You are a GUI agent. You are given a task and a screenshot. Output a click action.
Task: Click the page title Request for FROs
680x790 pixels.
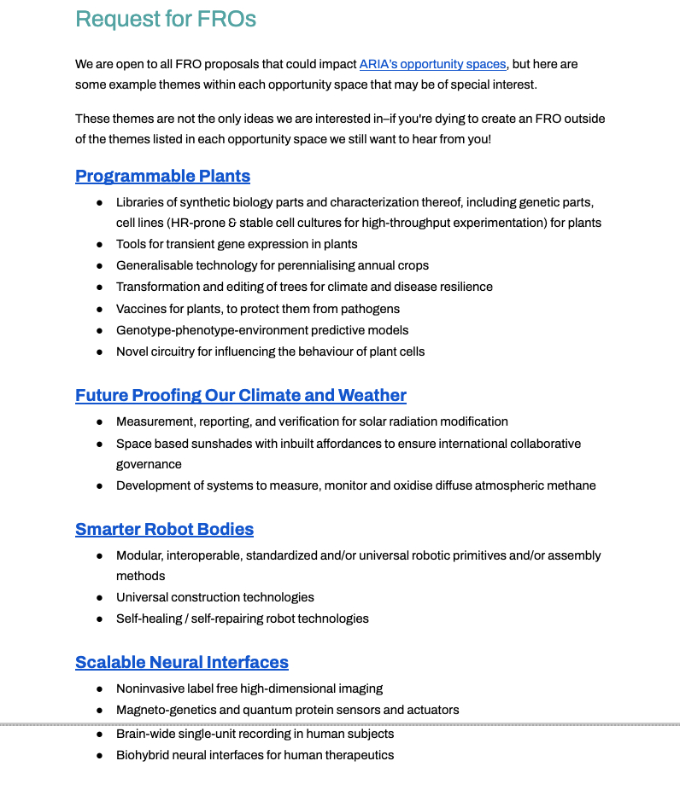(166, 19)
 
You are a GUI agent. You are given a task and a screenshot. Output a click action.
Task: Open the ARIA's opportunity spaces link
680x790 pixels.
(432, 64)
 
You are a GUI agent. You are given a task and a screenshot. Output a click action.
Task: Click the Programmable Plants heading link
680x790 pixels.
(162, 177)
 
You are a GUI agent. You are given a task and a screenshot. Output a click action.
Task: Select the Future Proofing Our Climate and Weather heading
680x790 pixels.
(241, 396)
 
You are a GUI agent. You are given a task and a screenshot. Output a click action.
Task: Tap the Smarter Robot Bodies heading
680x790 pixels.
(164, 529)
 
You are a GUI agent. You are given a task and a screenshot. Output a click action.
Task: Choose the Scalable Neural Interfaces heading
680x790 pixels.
(182, 662)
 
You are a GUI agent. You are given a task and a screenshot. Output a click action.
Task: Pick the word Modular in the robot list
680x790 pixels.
(139, 555)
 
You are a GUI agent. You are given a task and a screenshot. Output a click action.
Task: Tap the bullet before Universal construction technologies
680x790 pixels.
(99, 597)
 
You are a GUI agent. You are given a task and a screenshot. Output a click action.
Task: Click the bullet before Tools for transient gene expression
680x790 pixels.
(99, 244)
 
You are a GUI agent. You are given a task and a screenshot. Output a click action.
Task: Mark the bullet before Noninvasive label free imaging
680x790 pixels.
(99, 688)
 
